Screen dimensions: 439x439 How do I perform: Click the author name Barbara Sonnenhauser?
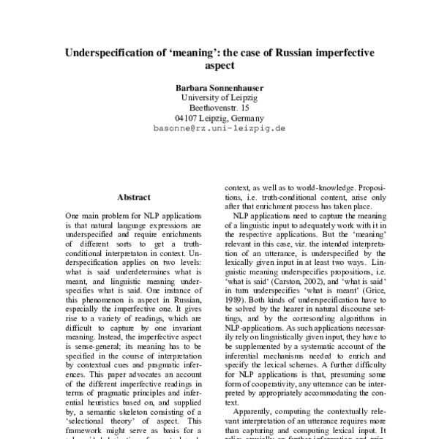pyautogui.click(x=219, y=86)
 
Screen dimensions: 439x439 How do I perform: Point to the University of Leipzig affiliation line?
pyautogui.click(x=219, y=97)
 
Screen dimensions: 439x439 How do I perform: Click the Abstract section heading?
pyautogui.click(x=134, y=197)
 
